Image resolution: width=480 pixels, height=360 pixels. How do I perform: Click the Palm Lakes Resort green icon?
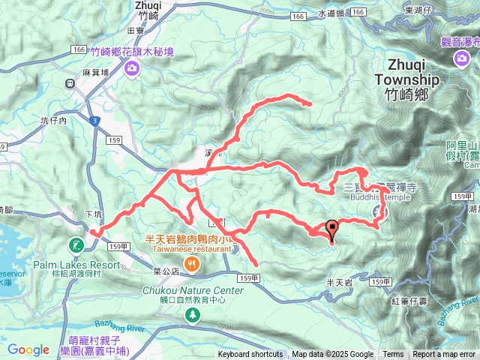(x=77, y=245)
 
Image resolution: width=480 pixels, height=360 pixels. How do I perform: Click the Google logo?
(x=28, y=349)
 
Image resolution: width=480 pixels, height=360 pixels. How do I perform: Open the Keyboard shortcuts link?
(x=251, y=355)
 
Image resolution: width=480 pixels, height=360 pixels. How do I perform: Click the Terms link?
(x=393, y=355)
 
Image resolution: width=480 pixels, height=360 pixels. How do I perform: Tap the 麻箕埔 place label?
(x=95, y=73)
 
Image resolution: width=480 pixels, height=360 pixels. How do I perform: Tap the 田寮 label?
(x=136, y=31)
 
